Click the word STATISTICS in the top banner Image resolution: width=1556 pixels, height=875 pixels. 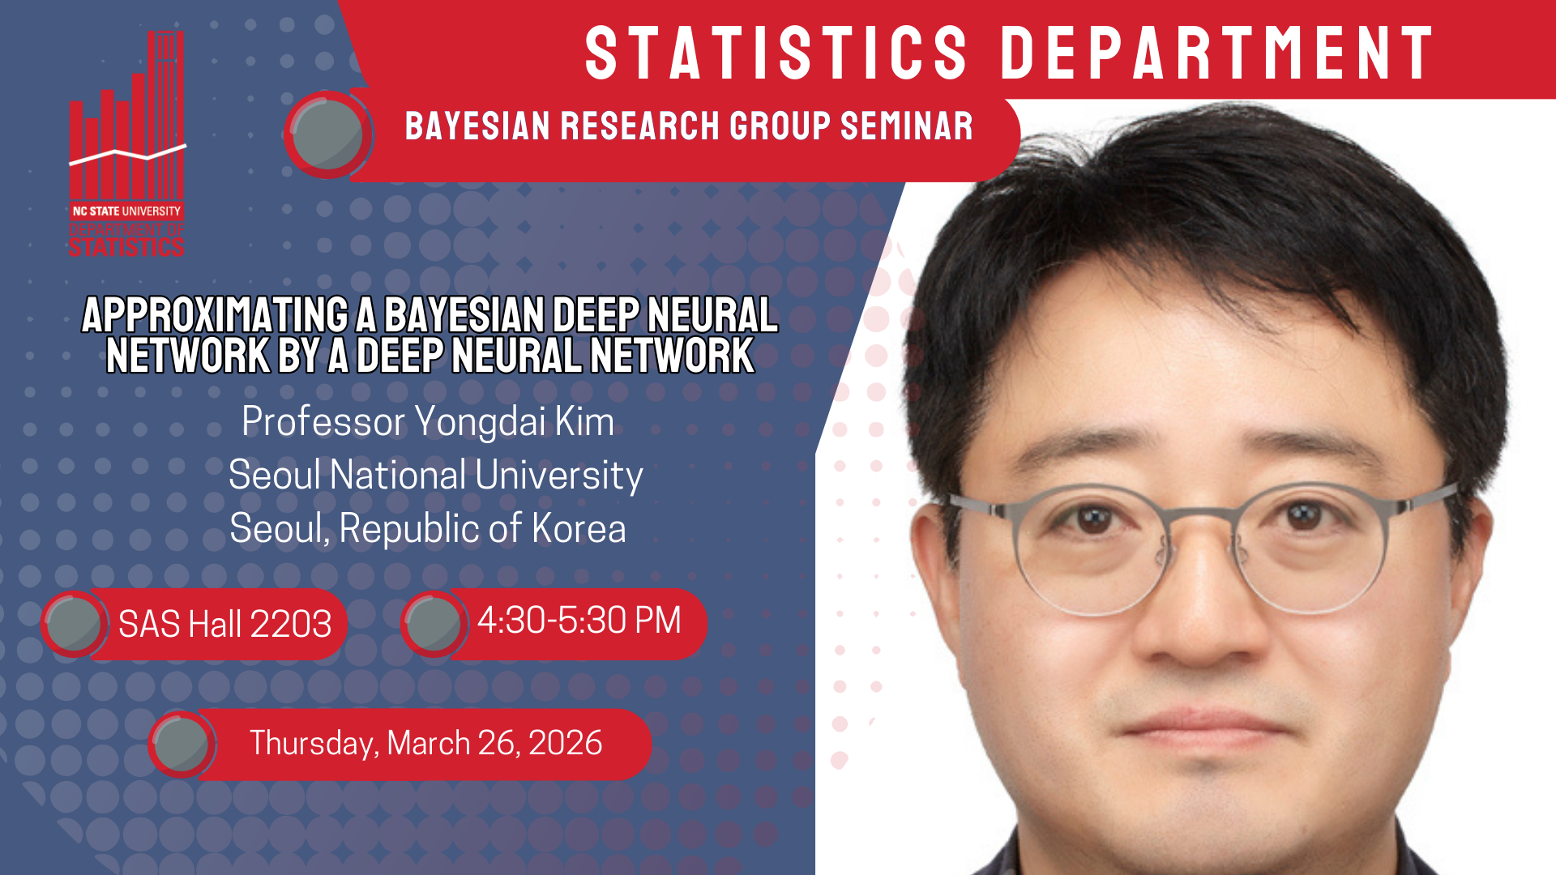[x=776, y=53]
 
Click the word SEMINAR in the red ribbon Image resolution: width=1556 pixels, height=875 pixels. [x=906, y=126]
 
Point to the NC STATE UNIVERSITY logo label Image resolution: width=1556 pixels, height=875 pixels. [x=126, y=211]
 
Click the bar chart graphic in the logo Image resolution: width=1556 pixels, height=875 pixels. [x=127, y=114]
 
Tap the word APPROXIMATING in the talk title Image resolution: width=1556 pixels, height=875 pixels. [x=215, y=315]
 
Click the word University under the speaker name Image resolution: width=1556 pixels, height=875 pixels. [x=559, y=476]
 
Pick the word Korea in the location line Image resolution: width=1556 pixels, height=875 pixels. [x=579, y=528]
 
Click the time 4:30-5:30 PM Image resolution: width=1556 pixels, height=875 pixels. [x=579, y=621]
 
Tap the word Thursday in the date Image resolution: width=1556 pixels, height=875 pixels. [x=314, y=744]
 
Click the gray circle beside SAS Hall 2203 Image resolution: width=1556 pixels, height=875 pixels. [x=74, y=623]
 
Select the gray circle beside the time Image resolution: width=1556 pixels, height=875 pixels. [x=434, y=623]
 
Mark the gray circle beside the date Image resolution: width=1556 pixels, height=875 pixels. [x=182, y=744]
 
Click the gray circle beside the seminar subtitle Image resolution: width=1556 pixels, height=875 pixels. [x=327, y=134]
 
